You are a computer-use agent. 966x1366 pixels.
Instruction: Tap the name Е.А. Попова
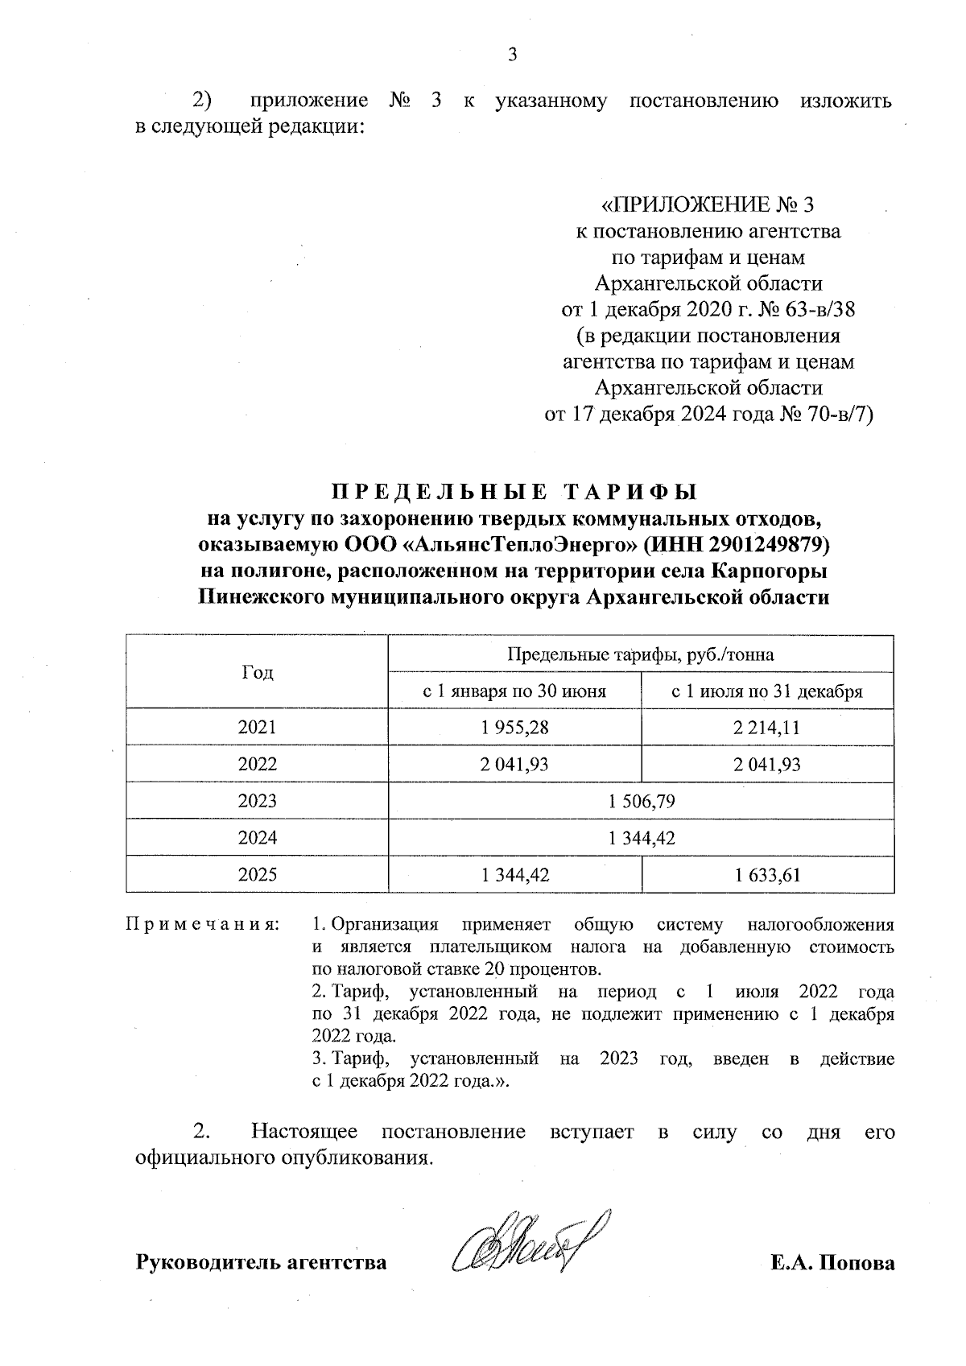[x=832, y=1262]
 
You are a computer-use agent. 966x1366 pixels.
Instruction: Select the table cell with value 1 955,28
[x=515, y=728]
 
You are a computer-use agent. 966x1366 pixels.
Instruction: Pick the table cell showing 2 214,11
[x=767, y=728]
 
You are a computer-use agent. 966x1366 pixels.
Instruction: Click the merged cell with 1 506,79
[x=641, y=801]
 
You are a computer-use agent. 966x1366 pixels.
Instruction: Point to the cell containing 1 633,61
[x=767, y=875]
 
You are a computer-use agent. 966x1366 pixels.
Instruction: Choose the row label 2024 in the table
[x=258, y=838]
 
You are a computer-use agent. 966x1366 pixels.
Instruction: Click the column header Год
[x=258, y=672]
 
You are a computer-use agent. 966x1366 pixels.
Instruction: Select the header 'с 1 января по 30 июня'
[x=515, y=691]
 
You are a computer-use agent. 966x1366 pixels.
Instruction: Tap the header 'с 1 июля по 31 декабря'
[x=767, y=691]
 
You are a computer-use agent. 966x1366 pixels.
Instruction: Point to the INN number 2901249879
[x=766, y=545]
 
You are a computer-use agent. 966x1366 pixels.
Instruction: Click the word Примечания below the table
[x=202, y=924]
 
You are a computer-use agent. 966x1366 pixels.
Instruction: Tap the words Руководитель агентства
[x=261, y=1262]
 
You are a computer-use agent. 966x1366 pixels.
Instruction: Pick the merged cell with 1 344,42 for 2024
[x=641, y=838]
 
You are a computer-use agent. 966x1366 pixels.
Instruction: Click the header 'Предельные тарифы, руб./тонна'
[x=641, y=654]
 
